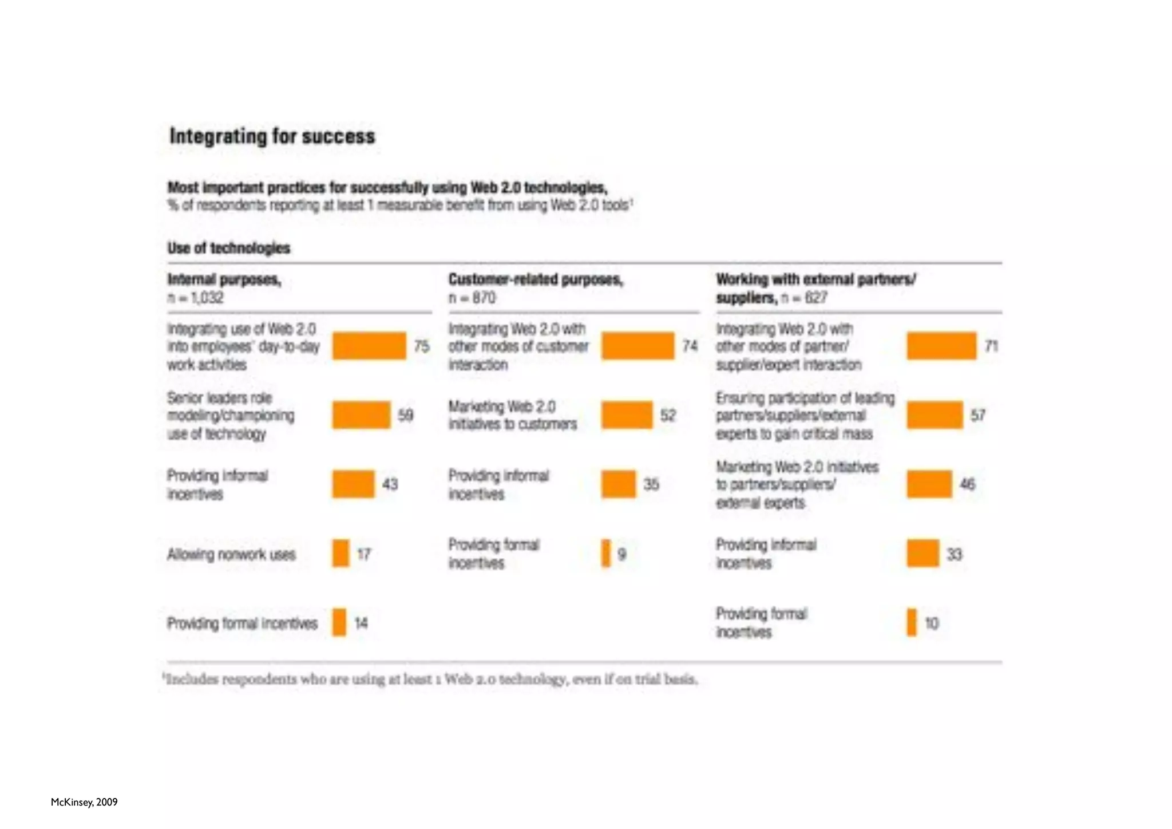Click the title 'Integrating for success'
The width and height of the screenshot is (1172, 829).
click(272, 136)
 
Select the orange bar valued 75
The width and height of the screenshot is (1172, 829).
click(369, 346)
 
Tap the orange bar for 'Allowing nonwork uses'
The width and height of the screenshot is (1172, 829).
click(340, 554)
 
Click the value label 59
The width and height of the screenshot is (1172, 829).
click(405, 415)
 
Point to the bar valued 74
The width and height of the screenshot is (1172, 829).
click(638, 346)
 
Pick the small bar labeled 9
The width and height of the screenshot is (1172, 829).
click(606, 554)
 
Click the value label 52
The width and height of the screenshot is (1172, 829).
click(668, 415)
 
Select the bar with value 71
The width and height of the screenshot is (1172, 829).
click(941, 346)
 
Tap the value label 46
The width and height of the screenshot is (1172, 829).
click(967, 484)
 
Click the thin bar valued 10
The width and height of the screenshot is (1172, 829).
click(912, 623)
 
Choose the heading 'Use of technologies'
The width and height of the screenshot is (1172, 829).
click(229, 248)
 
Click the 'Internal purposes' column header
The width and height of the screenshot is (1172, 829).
click(224, 279)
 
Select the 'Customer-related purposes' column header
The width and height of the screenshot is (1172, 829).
click(536, 279)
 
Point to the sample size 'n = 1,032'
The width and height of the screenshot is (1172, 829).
click(196, 298)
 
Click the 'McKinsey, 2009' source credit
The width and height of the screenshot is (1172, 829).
click(84, 802)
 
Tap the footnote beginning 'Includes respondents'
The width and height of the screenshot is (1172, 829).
click(430, 680)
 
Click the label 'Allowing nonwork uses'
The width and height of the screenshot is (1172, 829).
click(231, 554)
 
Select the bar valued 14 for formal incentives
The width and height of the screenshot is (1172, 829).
click(339, 623)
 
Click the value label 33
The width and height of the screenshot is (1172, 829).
click(954, 554)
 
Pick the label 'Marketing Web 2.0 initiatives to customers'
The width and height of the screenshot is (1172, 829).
click(512, 415)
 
